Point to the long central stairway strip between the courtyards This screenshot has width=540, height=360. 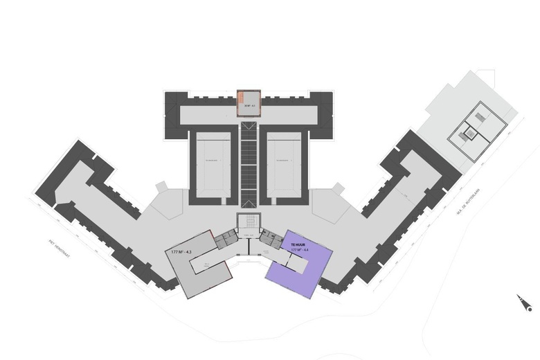(248, 163)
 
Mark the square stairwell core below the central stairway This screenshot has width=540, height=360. (247, 223)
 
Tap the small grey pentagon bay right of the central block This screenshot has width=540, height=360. (337, 188)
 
